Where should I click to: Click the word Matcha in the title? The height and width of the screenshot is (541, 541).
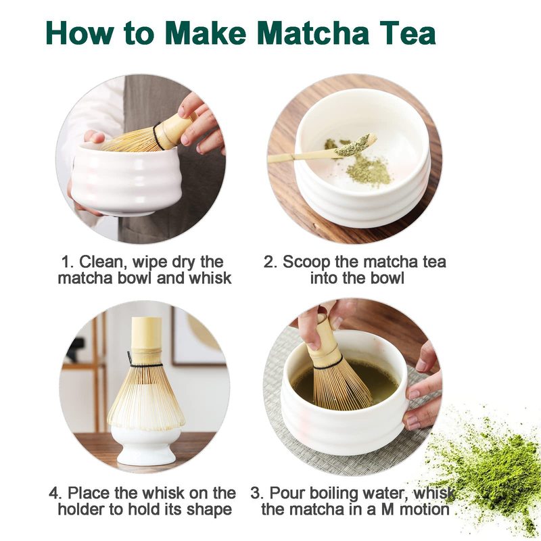click(313, 32)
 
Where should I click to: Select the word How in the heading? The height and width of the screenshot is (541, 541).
click(79, 32)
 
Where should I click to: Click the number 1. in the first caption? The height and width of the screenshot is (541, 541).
click(67, 262)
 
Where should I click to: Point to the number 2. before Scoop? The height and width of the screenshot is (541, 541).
click(270, 262)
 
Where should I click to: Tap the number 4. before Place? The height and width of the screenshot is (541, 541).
click(55, 493)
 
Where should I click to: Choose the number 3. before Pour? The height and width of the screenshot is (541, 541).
click(257, 493)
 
